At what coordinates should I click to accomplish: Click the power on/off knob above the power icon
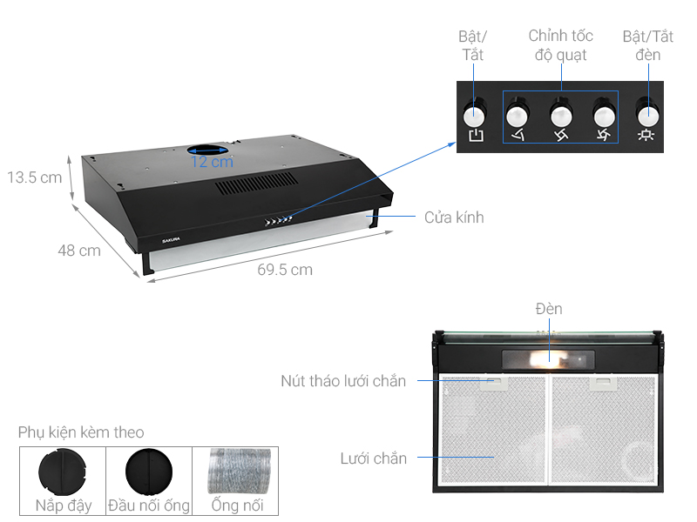pos(475,114)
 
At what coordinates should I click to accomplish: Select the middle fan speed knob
pos(560,114)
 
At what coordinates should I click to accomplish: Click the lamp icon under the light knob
pos(646,136)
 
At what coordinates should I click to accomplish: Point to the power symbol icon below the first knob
pos(475,136)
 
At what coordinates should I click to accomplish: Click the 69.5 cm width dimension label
pos(285,270)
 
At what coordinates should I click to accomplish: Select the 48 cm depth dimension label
pos(79,251)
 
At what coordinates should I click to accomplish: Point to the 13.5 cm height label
pos(35,177)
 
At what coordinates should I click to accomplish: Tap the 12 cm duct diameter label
pos(213,162)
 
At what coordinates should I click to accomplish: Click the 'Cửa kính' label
pos(454,217)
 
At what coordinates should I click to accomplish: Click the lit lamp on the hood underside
pos(549,357)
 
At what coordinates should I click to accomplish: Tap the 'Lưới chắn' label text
pos(373,458)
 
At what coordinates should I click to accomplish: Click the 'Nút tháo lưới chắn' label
pos(343,381)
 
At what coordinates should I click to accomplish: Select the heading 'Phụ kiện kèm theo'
pos(81,432)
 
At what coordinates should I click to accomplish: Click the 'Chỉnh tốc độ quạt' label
pos(560,45)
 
